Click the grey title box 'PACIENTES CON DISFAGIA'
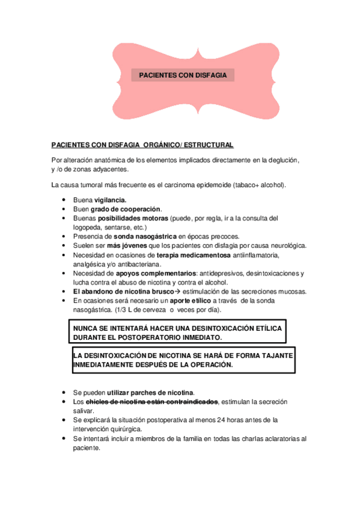[183, 75]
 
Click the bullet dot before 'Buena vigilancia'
[64, 200]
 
